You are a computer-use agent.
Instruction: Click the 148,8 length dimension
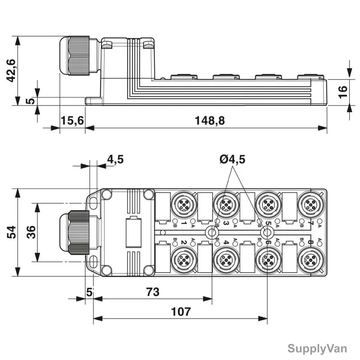(210, 120)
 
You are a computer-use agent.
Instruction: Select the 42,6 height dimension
(11, 70)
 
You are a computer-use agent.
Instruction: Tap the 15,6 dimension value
(72, 120)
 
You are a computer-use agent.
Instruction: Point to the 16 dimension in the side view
(343, 92)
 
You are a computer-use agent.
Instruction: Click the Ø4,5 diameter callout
(232, 159)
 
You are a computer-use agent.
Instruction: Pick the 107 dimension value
(181, 312)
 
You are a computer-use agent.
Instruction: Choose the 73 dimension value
(153, 292)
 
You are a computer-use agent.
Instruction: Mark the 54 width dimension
(11, 232)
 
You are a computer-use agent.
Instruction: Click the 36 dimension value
(31, 232)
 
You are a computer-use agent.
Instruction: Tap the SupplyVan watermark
(317, 348)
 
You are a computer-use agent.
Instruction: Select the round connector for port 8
(311, 260)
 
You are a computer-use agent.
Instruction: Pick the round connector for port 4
(226, 260)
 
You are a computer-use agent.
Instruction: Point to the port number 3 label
(226, 223)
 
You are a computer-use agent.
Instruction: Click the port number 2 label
(183, 242)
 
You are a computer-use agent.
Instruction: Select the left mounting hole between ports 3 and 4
(212, 232)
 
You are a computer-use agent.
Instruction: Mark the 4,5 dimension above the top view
(115, 159)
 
